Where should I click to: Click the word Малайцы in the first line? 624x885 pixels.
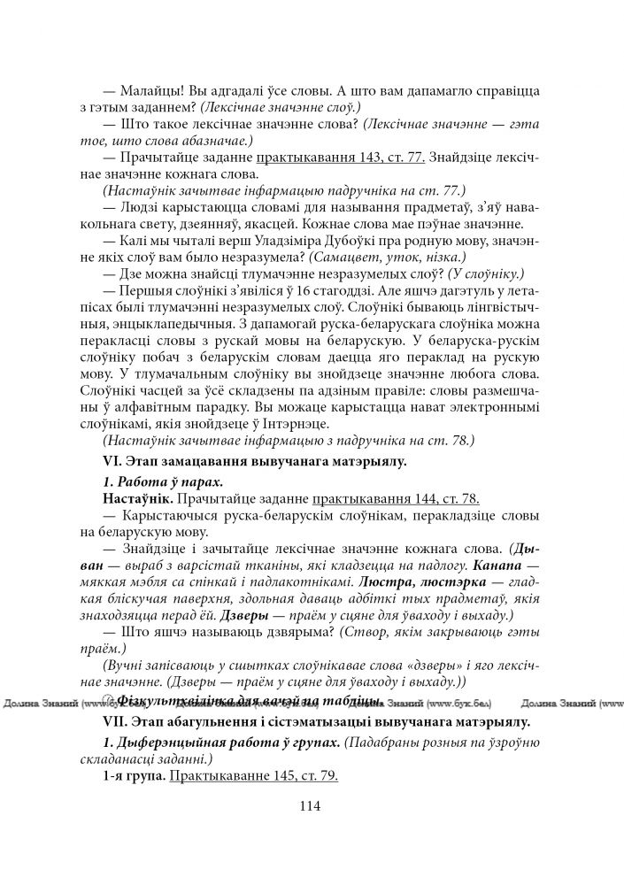click(145, 90)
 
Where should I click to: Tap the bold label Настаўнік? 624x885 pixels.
click(134, 497)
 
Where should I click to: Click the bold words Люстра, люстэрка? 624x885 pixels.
click(409, 581)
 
